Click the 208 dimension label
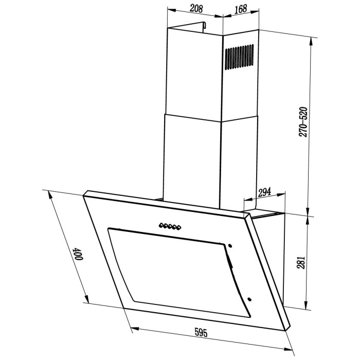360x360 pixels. pyautogui.click(x=196, y=9)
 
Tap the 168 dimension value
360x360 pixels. pyautogui.click(x=241, y=9)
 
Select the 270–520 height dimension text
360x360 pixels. pyautogui.click(x=303, y=122)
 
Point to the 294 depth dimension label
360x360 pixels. pyautogui.click(x=264, y=192)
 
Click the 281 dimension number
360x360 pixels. pyautogui.click(x=301, y=262)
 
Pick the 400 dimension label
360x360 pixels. pyautogui.click(x=78, y=254)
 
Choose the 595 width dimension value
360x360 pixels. pyautogui.click(x=201, y=333)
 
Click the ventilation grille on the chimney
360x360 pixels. pyautogui.click(x=239, y=57)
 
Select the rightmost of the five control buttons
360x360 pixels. pyautogui.click(x=178, y=228)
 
